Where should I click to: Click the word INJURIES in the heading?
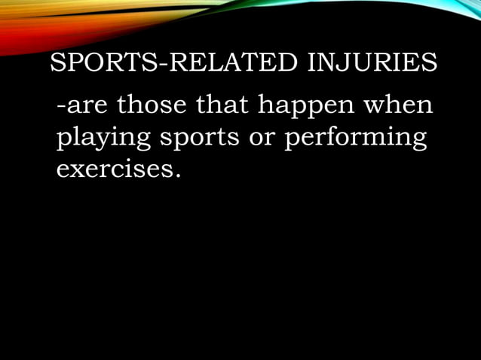[x=372, y=63]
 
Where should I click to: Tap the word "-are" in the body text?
[x=81, y=107]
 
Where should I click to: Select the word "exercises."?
[x=119, y=170]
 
